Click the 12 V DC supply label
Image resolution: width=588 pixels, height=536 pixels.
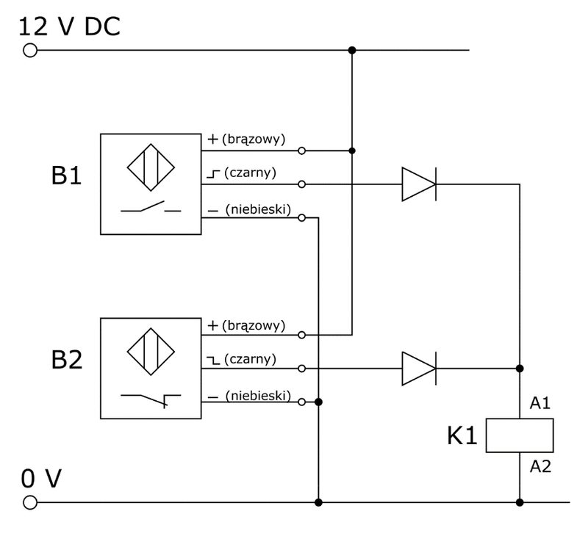click(x=69, y=26)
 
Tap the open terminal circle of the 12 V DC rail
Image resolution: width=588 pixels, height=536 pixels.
click(x=30, y=50)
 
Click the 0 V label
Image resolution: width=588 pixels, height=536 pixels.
click(x=41, y=478)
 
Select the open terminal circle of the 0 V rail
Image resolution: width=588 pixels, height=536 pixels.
click(x=30, y=502)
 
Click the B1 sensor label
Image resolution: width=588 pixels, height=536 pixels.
click(x=66, y=175)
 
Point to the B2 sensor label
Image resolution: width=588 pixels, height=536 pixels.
click(x=66, y=360)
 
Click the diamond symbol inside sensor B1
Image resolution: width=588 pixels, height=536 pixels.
click(x=151, y=167)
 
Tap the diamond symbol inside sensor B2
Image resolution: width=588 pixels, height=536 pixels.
click(x=151, y=352)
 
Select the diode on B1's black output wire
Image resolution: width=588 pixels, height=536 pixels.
click(x=419, y=184)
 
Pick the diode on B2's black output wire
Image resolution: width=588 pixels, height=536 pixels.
click(x=419, y=369)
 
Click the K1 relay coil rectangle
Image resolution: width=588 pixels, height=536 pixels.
click(x=520, y=435)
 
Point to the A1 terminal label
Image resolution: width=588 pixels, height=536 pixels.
click(x=540, y=403)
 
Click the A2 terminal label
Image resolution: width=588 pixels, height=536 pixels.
click(x=540, y=467)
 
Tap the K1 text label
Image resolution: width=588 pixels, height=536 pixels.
click(x=462, y=436)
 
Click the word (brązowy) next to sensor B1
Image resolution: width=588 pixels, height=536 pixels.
click(x=254, y=140)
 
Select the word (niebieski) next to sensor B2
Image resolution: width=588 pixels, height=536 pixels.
click(x=258, y=396)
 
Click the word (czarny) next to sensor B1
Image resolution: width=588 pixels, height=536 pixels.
click(x=250, y=173)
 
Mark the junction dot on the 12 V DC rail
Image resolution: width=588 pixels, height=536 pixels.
click(x=352, y=50)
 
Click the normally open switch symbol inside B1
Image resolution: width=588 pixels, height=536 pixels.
click(x=151, y=207)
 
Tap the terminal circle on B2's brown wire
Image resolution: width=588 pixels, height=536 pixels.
click(x=301, y=335)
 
